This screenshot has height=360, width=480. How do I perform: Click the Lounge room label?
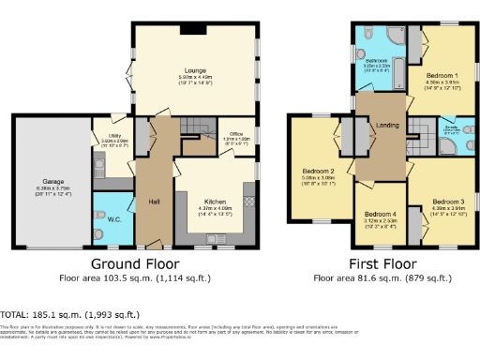(194, 70)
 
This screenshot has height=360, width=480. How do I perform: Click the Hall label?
(153, 199)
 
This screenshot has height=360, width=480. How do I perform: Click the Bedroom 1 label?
(442, 74)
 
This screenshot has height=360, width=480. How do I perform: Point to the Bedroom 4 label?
(380, 213)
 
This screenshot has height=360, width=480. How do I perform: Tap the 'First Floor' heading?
(378, 265)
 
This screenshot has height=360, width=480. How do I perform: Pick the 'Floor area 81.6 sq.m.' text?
(379, 278)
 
